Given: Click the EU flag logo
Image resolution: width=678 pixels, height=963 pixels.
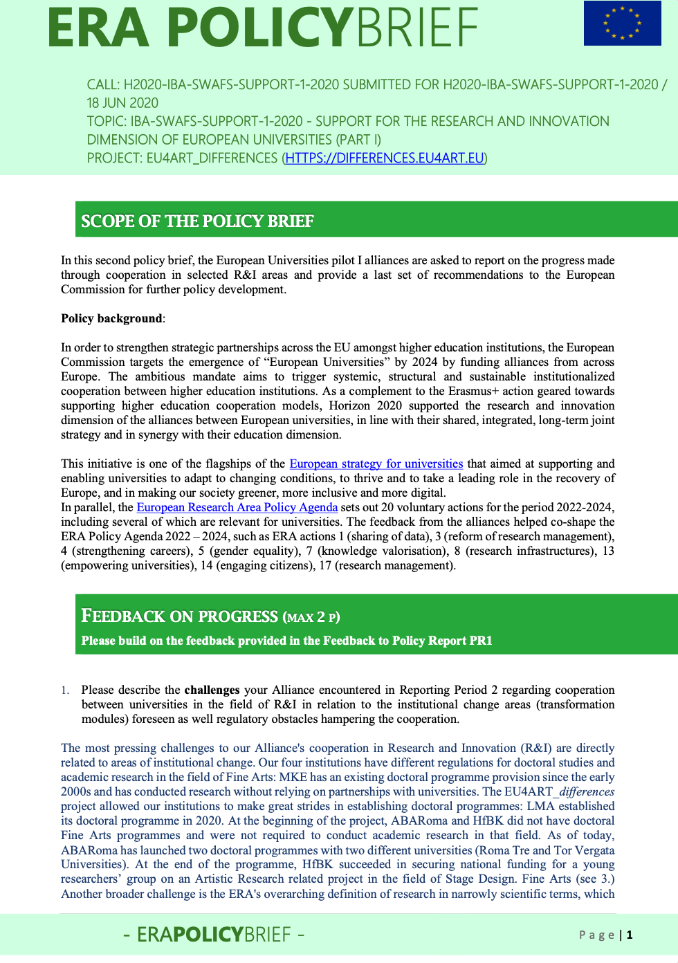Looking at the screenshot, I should point(622,24).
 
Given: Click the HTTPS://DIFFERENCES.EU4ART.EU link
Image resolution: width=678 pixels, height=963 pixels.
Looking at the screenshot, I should point(385,158).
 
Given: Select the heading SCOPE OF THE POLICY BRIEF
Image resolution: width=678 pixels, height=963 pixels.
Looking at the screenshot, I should point(197,221).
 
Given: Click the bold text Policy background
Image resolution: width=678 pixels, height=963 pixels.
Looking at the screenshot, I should point(111,318).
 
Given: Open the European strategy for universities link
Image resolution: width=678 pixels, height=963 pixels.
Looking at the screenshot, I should point(376,464).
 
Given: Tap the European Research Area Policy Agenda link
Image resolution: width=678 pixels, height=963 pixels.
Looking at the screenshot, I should point(237,507).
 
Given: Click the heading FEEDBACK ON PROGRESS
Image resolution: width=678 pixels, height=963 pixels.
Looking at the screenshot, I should point(179,616).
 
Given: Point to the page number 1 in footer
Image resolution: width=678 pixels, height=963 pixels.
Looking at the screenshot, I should point(630,935).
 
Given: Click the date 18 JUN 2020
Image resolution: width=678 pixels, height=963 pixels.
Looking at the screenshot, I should point(122,103).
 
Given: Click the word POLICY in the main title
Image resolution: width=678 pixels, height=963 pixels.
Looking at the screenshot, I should point(260,28).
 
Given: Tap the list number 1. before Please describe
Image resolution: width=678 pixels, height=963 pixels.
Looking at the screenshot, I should point(65,690).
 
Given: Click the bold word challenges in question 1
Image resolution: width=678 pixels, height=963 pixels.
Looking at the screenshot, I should point(212,690).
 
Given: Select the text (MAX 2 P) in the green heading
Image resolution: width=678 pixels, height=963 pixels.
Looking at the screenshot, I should point(311,617).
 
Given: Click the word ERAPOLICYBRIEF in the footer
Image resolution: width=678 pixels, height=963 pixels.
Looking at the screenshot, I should point(214,935).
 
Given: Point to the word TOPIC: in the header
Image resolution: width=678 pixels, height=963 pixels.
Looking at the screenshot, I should point(107,122).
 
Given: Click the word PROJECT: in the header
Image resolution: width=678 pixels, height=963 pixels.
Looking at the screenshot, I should point(114,158).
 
